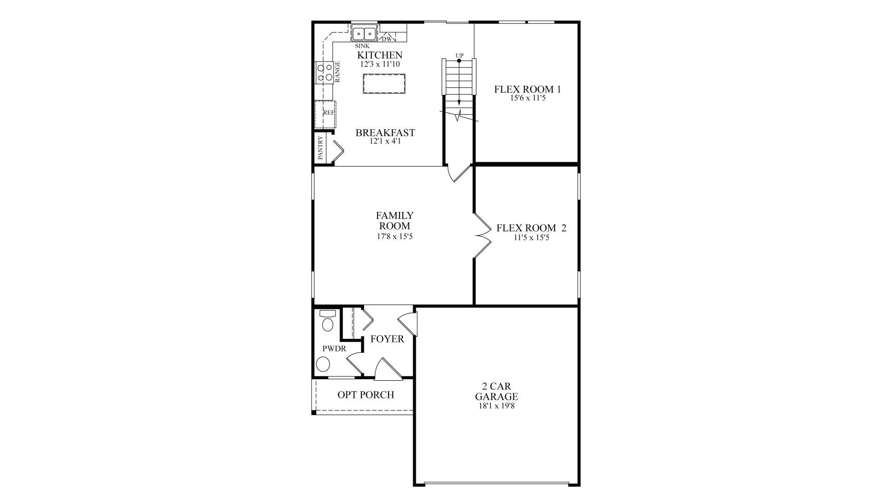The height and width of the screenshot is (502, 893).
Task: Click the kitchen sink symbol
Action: coord(364,34)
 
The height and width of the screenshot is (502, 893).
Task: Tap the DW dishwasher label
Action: coord(388,39)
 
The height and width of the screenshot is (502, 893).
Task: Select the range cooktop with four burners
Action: coord(324,73)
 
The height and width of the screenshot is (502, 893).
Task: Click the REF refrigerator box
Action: coord(325,113)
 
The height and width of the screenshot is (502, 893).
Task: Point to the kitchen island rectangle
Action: coord(384,84)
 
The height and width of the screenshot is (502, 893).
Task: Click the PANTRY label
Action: coord(320,148)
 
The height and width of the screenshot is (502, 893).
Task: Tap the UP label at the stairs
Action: coord(460,56)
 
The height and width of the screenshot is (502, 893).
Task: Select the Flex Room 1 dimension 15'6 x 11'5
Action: coord(527,98)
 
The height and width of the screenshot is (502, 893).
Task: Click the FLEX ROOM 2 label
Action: coord(531,228)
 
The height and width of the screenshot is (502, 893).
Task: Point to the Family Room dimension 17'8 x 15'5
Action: coord(394,237)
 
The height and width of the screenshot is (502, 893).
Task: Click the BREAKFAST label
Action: coord(385,132)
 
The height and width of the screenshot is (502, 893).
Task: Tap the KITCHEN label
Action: coord(380,55)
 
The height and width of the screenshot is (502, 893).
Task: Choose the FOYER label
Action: coord(387,339)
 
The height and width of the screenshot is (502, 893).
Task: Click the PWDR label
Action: coord(334,349)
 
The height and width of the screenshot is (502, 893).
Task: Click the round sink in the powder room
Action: coord(323,364)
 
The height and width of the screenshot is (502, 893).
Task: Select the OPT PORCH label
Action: coord(366,395)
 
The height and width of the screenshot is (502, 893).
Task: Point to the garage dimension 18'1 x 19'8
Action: coord(496,406)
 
